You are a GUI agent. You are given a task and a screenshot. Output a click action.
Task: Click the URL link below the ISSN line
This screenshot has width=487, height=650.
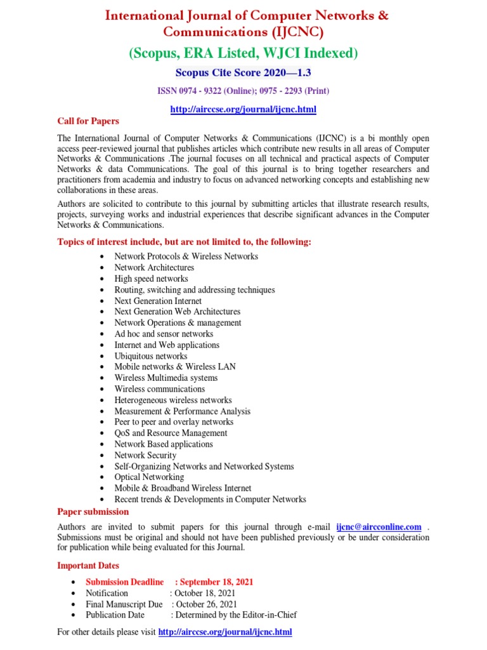coord(243,109)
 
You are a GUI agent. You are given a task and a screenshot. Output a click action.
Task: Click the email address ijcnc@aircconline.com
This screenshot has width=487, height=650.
coord(379,527)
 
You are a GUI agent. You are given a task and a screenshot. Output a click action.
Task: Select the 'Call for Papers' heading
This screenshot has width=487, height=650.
coord(88,121)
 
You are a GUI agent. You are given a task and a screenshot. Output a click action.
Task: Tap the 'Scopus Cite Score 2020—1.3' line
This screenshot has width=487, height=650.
coord(243,74)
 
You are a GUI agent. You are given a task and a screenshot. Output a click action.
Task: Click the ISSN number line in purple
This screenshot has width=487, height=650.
coord(243,91)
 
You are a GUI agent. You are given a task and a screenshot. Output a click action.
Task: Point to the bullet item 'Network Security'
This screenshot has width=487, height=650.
coord(145,455)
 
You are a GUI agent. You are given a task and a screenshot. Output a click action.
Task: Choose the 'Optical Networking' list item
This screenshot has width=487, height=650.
coord(149,477)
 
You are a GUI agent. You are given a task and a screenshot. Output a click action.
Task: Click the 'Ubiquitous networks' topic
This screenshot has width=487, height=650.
coord(151,356)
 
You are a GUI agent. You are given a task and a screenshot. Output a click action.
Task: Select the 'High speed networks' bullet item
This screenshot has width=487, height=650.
coord(151,279)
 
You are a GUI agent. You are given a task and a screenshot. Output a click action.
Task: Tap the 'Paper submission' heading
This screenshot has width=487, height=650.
coord(93,512)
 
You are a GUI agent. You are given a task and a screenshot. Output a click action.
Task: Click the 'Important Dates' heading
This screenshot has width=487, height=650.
coord(88,566)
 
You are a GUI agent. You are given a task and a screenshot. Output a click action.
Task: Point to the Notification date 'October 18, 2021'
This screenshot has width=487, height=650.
coord(205,593)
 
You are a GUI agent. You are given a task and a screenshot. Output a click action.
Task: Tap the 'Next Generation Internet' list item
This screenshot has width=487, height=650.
coord(158,301)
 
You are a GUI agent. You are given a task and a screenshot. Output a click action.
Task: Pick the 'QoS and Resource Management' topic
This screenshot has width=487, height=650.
coord(171,433)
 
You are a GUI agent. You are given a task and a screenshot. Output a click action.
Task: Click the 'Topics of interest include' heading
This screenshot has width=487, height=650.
coord(185,242)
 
